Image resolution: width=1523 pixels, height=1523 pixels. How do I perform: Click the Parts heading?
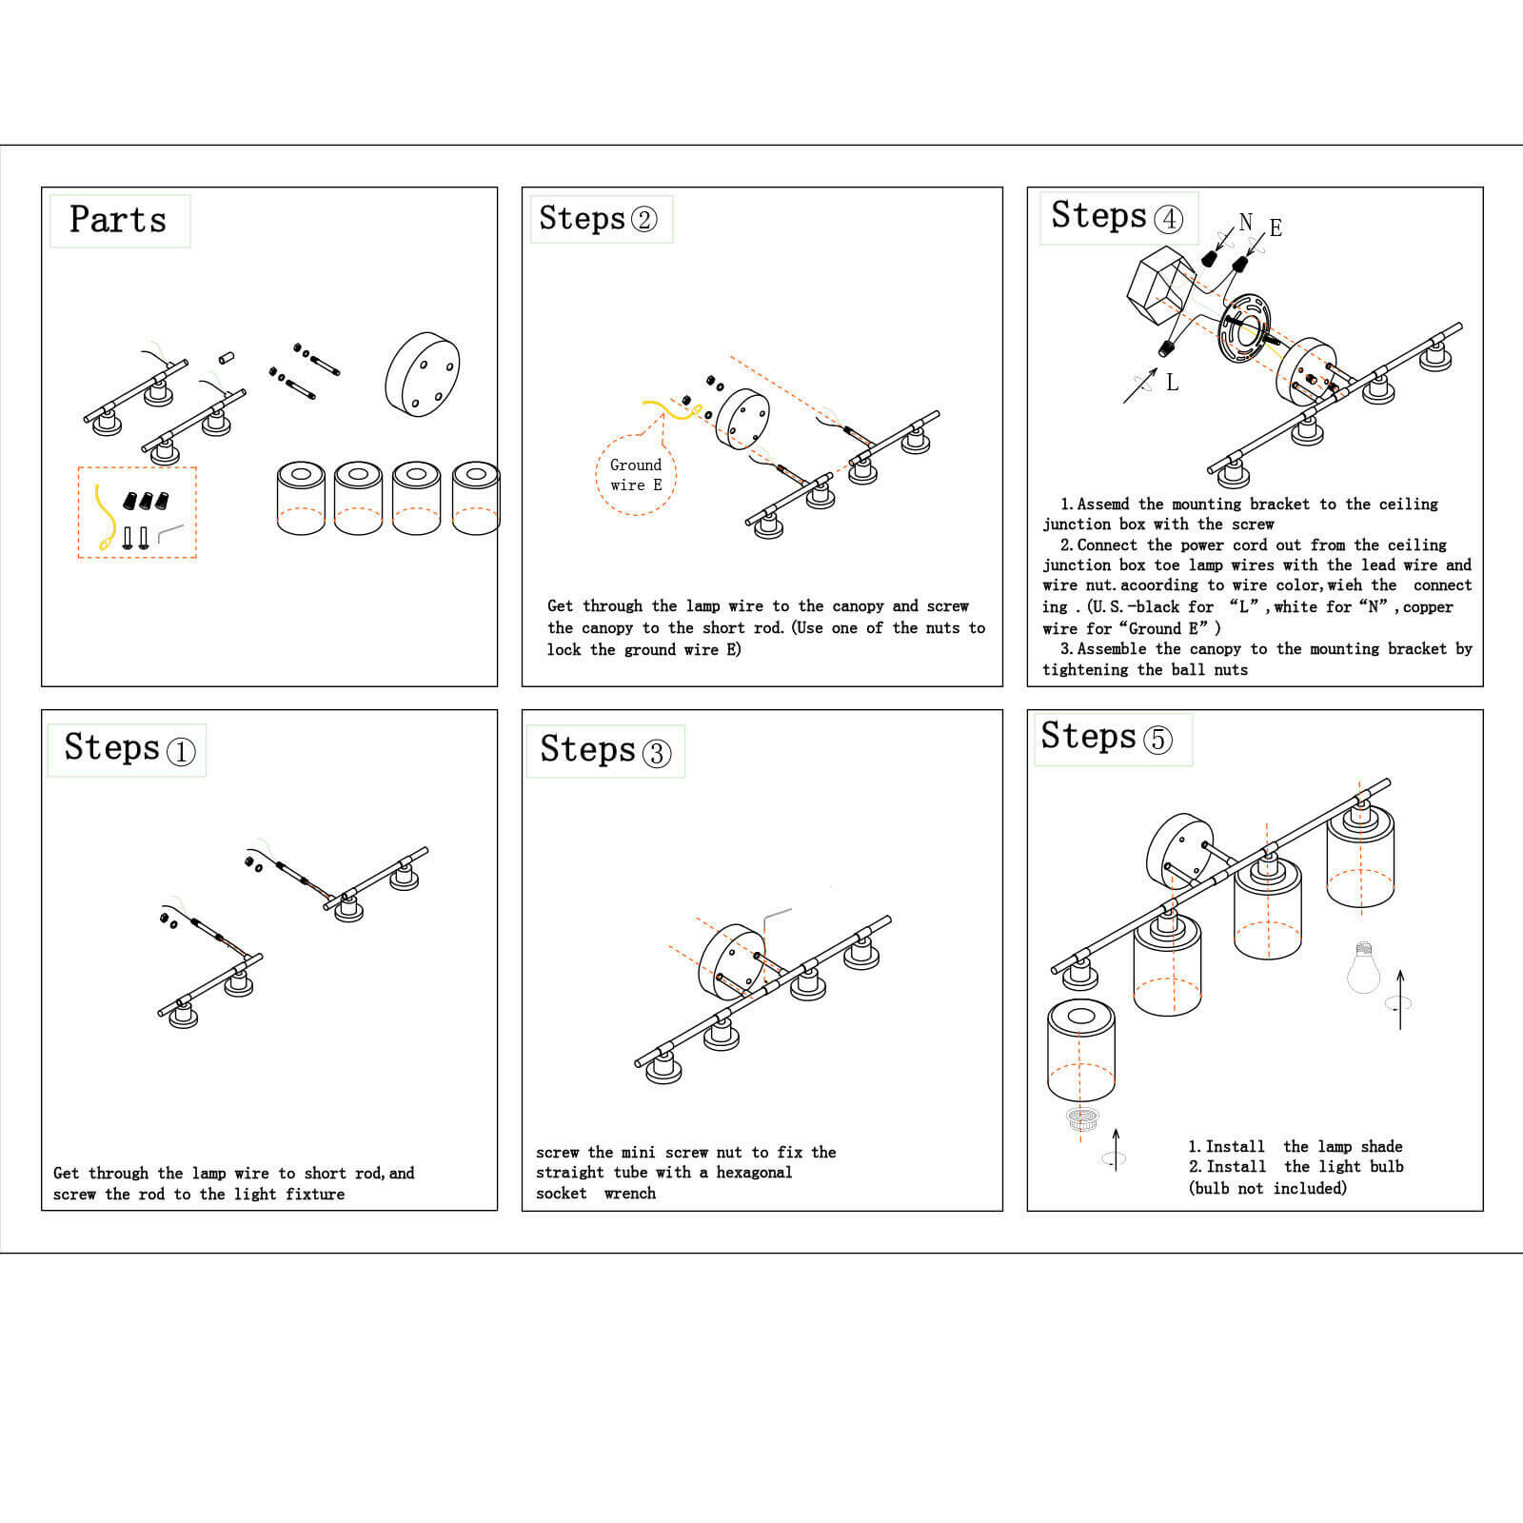click(118, 220)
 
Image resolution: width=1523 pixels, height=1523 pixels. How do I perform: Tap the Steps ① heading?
click(129, 749)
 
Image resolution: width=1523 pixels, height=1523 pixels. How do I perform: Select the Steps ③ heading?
click(604, 751)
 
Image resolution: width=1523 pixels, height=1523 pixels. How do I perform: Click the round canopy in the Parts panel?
click(423, 374)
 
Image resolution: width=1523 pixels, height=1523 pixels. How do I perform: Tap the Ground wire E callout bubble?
click(635, 474)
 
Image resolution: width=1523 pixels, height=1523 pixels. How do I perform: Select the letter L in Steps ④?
click(1172, 383)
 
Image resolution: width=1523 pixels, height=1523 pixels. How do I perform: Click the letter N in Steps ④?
click(1245, 223)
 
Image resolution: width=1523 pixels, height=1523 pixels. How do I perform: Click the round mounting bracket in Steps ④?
click(1245, 328)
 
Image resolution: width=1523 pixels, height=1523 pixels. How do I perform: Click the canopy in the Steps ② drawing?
click(742, 420)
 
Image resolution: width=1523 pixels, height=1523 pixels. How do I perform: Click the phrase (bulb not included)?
click(1267, 1188)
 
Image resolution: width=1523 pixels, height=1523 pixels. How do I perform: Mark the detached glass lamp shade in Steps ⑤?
click(1080, 1051)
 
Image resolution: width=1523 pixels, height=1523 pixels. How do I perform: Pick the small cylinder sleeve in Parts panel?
click(227, 359)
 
